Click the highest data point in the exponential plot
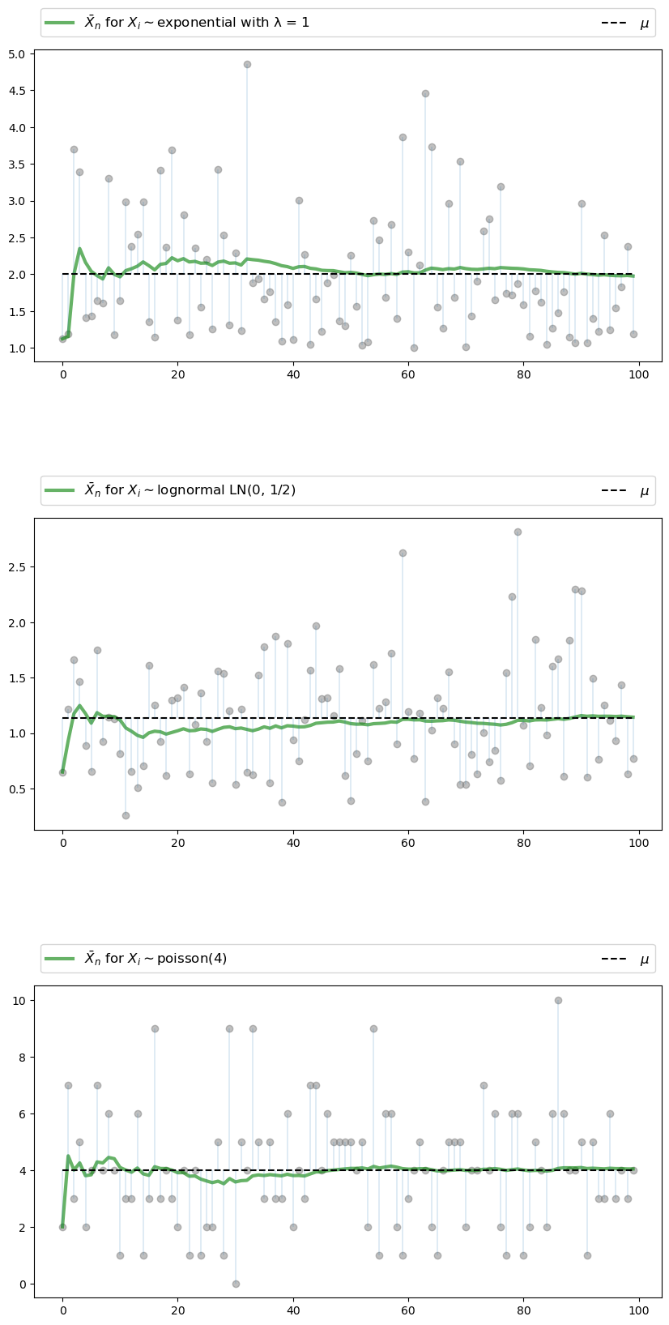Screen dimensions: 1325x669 coord(247,64)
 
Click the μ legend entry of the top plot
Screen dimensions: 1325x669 coord(644,24)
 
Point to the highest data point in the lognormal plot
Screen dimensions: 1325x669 coord(518,532)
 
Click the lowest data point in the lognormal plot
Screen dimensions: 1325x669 coord(126,815)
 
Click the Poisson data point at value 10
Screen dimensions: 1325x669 coord(558,1000)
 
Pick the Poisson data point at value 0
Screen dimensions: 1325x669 coord(236,1284)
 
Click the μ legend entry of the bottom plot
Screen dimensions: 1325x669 coord(644,959)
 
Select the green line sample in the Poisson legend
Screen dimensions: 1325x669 coord(60,959)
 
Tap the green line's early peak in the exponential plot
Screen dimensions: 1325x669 coord(79,249)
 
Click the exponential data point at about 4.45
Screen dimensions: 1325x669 coord(425,93)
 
